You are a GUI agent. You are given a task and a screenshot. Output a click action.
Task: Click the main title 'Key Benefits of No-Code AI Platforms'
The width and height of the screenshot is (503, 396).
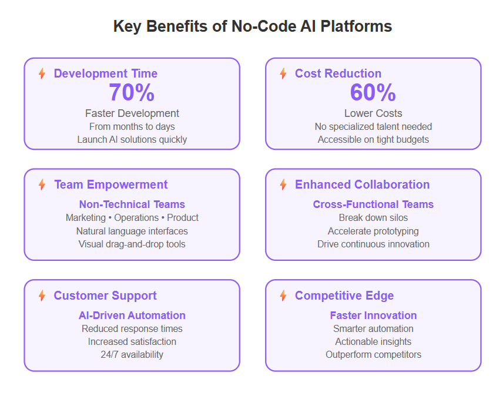click(253, 26)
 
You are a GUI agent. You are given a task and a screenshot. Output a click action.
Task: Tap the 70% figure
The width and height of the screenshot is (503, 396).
click(132, 92)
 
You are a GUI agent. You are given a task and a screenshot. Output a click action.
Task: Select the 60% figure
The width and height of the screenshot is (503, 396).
click(373, 92)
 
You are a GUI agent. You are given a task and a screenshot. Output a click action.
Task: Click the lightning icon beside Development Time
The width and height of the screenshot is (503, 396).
click(42, 73)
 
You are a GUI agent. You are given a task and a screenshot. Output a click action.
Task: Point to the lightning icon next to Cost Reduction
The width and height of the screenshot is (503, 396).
click(283, 73)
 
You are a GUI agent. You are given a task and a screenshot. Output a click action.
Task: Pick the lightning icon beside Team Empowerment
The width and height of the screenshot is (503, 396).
click(42, 184)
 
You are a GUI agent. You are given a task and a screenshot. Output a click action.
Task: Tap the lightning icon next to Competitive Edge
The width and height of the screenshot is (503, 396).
click(283, 296)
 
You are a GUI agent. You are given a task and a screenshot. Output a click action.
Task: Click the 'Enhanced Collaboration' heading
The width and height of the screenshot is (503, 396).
click(362, 184)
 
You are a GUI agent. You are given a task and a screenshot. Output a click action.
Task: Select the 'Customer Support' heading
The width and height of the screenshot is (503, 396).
click(105, 296)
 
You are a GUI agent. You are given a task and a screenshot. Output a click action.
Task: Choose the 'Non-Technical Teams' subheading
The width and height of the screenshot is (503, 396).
click(132, 204)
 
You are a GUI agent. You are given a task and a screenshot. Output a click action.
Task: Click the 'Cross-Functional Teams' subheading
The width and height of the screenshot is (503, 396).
click(373, 204)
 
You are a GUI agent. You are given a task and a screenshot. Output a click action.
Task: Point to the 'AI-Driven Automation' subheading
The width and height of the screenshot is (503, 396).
click(132, 315)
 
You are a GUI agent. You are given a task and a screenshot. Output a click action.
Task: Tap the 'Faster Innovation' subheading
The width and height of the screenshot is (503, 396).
click(373, 315)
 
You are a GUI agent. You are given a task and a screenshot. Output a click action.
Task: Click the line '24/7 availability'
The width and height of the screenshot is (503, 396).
click(132, 354)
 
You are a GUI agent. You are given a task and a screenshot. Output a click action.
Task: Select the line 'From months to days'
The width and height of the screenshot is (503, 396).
click(132, 127)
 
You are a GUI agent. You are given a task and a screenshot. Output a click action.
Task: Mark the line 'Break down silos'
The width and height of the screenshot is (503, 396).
click(373, 218)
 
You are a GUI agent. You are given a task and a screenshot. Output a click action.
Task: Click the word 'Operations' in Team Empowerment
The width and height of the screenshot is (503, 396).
click(136, 218)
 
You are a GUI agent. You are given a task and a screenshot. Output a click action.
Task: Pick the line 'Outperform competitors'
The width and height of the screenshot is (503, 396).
click(373, 354)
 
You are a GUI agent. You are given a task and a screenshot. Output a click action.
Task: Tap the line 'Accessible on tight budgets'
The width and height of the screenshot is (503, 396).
click(373, 139)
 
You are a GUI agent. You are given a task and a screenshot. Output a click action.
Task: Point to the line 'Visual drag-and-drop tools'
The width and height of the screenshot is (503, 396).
click(132, 244)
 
